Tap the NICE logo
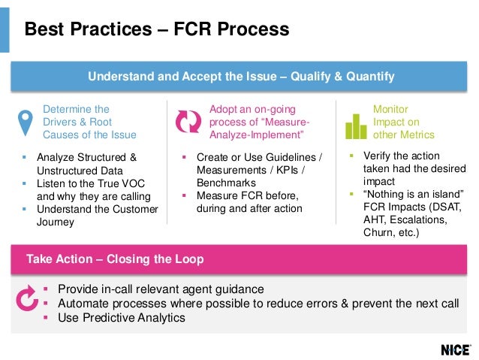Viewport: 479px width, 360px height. tap(456, 349)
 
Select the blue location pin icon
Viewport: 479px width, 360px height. tap(26, 122)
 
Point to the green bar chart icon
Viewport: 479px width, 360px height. tap(356, 125)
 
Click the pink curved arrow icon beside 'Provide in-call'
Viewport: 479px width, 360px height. tap(27, 299)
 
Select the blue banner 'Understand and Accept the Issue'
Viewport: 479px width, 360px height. tap(241, 77)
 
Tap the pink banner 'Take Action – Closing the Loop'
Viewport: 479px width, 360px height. tap(115, 259)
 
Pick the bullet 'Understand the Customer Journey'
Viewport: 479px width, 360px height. tap(97, 215)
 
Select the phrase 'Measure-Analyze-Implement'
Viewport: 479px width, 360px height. tap(259, 129)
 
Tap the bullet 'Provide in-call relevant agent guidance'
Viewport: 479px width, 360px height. tap(161, 289)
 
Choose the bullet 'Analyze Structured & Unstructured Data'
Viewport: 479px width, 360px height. tap(86, 164)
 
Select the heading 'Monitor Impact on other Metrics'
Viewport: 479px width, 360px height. tap(404, 122)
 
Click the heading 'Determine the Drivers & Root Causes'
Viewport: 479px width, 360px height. tap(89, 122)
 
